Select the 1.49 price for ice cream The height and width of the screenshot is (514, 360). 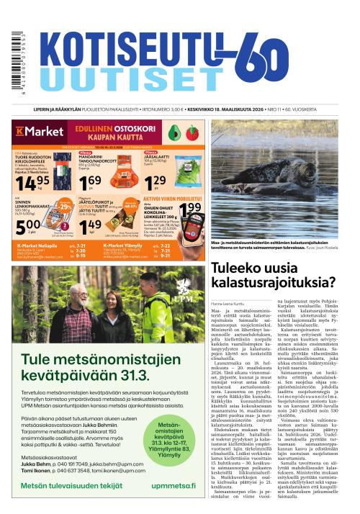(88, 229)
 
